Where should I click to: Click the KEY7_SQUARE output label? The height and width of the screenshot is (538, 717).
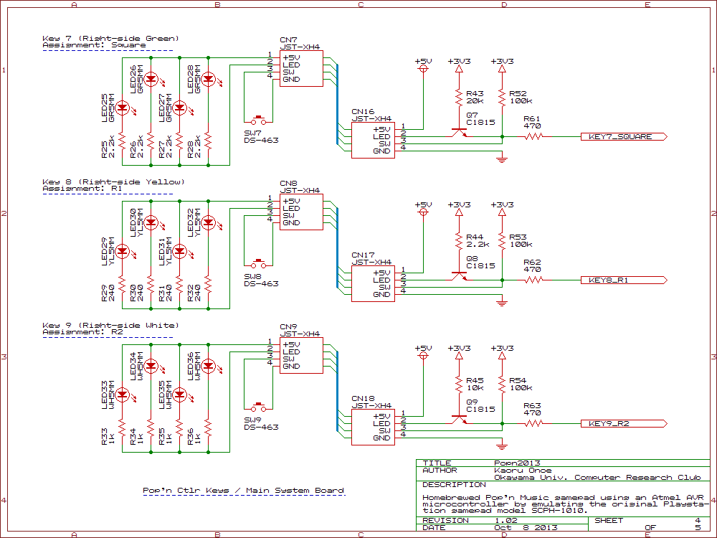pos(620,136)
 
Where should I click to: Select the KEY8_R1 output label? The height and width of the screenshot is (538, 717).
pos(608,280)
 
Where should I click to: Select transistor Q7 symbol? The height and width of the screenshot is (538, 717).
pos(458,132)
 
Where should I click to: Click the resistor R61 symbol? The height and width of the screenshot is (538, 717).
pos(533,136)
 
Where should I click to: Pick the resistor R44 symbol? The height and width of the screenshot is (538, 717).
pos(458,240)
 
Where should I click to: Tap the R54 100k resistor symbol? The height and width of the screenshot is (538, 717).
pos(502,384)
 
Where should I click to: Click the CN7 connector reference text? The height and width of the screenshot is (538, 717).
pos(288,40)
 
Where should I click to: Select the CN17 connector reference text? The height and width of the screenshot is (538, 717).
pos(363,255)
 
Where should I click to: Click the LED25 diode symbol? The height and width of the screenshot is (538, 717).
pos(122,108)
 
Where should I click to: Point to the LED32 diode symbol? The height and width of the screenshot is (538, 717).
pos(208,222)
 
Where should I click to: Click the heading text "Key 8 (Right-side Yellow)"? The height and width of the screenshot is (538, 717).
pos(113,181)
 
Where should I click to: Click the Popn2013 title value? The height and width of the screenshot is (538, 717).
pos(517,463)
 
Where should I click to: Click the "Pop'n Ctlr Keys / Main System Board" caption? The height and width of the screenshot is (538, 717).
pos(243,491)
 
